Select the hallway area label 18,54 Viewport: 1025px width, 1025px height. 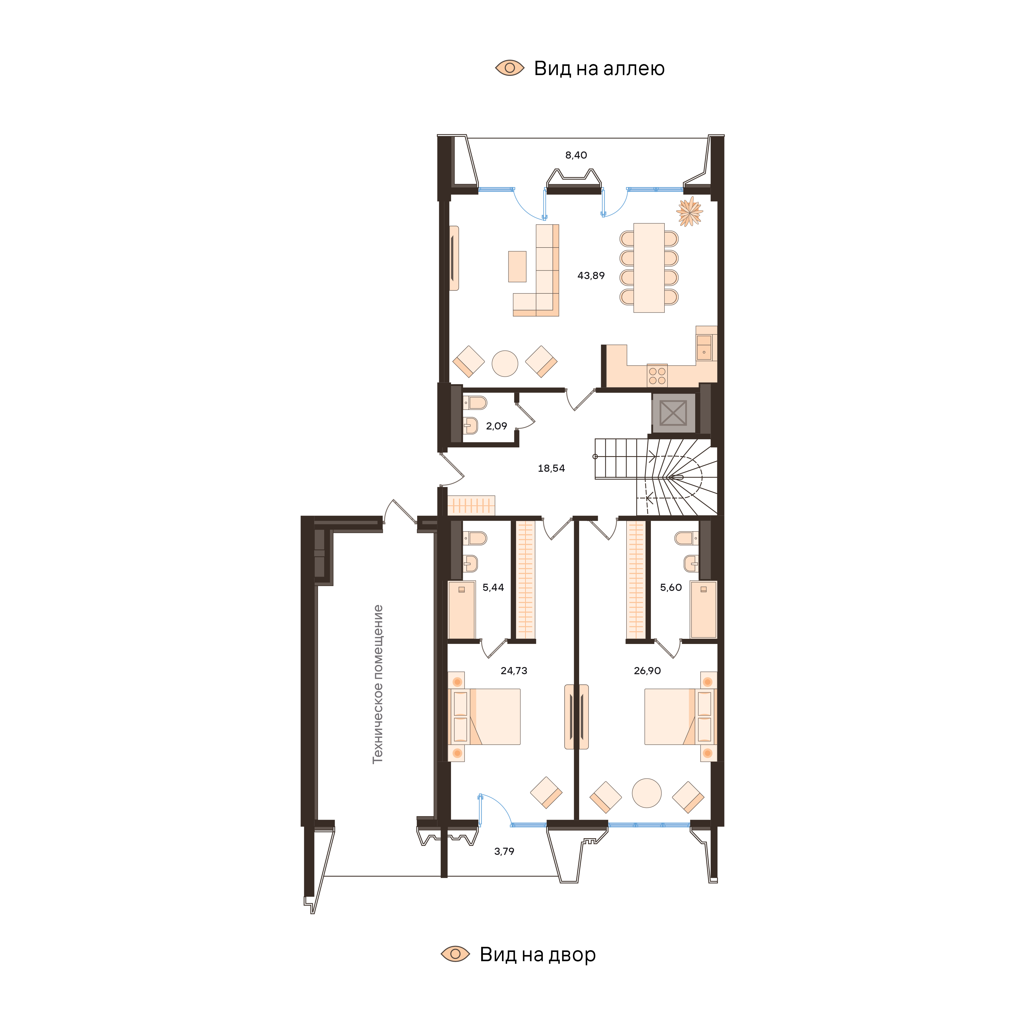point(551,468)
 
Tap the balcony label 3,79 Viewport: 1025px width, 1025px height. point(504,852)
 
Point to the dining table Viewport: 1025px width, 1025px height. point(649,268)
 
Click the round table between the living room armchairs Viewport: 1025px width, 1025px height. point(505,364)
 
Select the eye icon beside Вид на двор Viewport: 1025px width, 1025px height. point(455,954)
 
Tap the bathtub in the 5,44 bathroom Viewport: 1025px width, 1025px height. point(462,610)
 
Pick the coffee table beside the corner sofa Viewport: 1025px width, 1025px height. point(517,266)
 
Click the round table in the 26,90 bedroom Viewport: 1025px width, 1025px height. point(647,793)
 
